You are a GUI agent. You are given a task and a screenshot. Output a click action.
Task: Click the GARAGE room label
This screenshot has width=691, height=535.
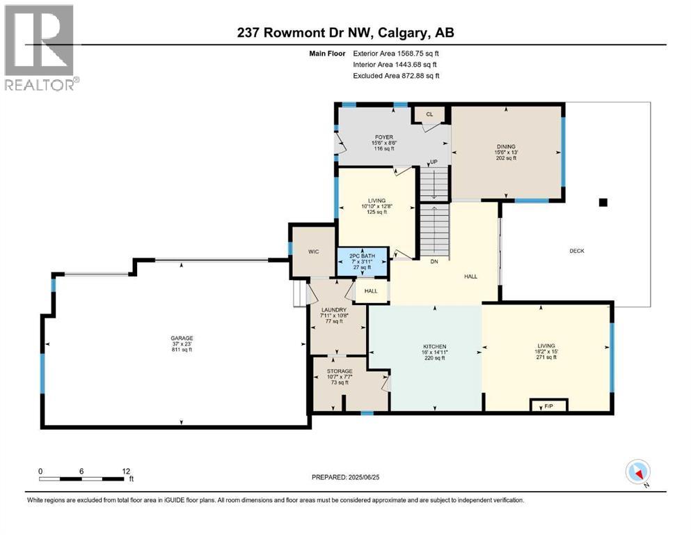pyautogui.click(x=182, y=338)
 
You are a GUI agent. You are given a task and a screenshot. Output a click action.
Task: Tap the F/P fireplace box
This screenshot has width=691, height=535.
pyautogui.click(x=549, y=405)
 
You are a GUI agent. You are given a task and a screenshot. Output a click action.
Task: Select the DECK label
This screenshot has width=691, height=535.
pyautogui.click(x=576, y=251)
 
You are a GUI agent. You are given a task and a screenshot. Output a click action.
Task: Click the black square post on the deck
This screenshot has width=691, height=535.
pyautogui.click(x=603, y=203)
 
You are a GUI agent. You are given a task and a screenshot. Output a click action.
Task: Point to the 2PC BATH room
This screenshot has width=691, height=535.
pyautogui.click(x=362, y=261)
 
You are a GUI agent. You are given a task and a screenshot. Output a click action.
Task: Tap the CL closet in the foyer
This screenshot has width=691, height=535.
pyautogui.click(x=429, y=114)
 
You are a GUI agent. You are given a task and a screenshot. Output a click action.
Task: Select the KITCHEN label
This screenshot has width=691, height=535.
pyautogui.click(x=434, y=346)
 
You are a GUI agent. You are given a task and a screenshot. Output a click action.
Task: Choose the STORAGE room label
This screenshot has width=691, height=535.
pyautogui.click(x=340, y=371)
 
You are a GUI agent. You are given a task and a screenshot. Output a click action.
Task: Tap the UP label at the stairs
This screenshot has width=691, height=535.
pyautogui.click(x=434, y=162)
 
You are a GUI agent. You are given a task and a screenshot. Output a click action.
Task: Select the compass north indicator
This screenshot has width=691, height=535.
pyautogui.click(x=638, y=472)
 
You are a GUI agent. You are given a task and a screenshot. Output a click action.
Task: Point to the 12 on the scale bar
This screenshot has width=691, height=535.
pyautogui.click(x=125, y=471)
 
